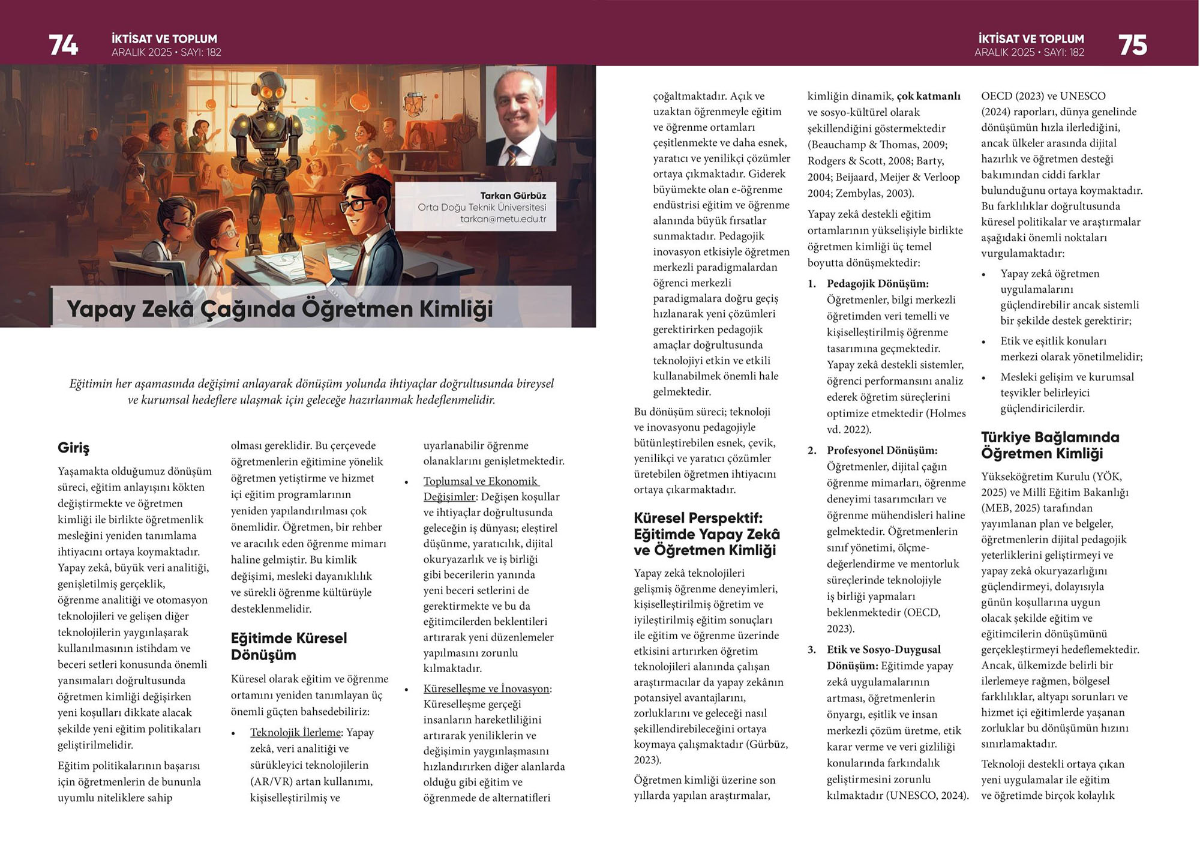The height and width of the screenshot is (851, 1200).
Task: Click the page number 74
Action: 63,45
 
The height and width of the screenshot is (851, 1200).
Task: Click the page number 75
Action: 1132,45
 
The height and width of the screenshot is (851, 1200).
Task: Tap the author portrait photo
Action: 520,116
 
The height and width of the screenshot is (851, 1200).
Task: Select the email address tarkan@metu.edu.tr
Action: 503,219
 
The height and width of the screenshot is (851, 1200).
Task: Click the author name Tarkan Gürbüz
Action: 512,196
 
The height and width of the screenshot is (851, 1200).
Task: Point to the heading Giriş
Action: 73,448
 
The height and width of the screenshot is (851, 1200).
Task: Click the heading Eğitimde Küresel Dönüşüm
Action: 289,646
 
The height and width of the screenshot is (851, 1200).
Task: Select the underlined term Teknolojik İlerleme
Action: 295,733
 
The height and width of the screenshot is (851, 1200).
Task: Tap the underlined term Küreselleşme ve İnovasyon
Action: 487,689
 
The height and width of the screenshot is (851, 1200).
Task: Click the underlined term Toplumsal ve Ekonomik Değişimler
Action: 481,489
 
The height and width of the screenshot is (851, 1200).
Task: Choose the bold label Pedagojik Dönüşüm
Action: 877,284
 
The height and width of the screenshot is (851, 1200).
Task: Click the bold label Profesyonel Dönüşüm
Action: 881,451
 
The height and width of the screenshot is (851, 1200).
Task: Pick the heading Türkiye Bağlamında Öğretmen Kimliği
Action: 1049,445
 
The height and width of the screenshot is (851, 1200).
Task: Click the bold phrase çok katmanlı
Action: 928,96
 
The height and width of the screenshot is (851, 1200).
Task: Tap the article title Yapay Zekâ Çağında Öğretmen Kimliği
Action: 280,309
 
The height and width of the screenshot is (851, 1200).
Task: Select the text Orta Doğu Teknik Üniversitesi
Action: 482,208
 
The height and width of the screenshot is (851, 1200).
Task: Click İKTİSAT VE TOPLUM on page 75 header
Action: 1031,39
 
